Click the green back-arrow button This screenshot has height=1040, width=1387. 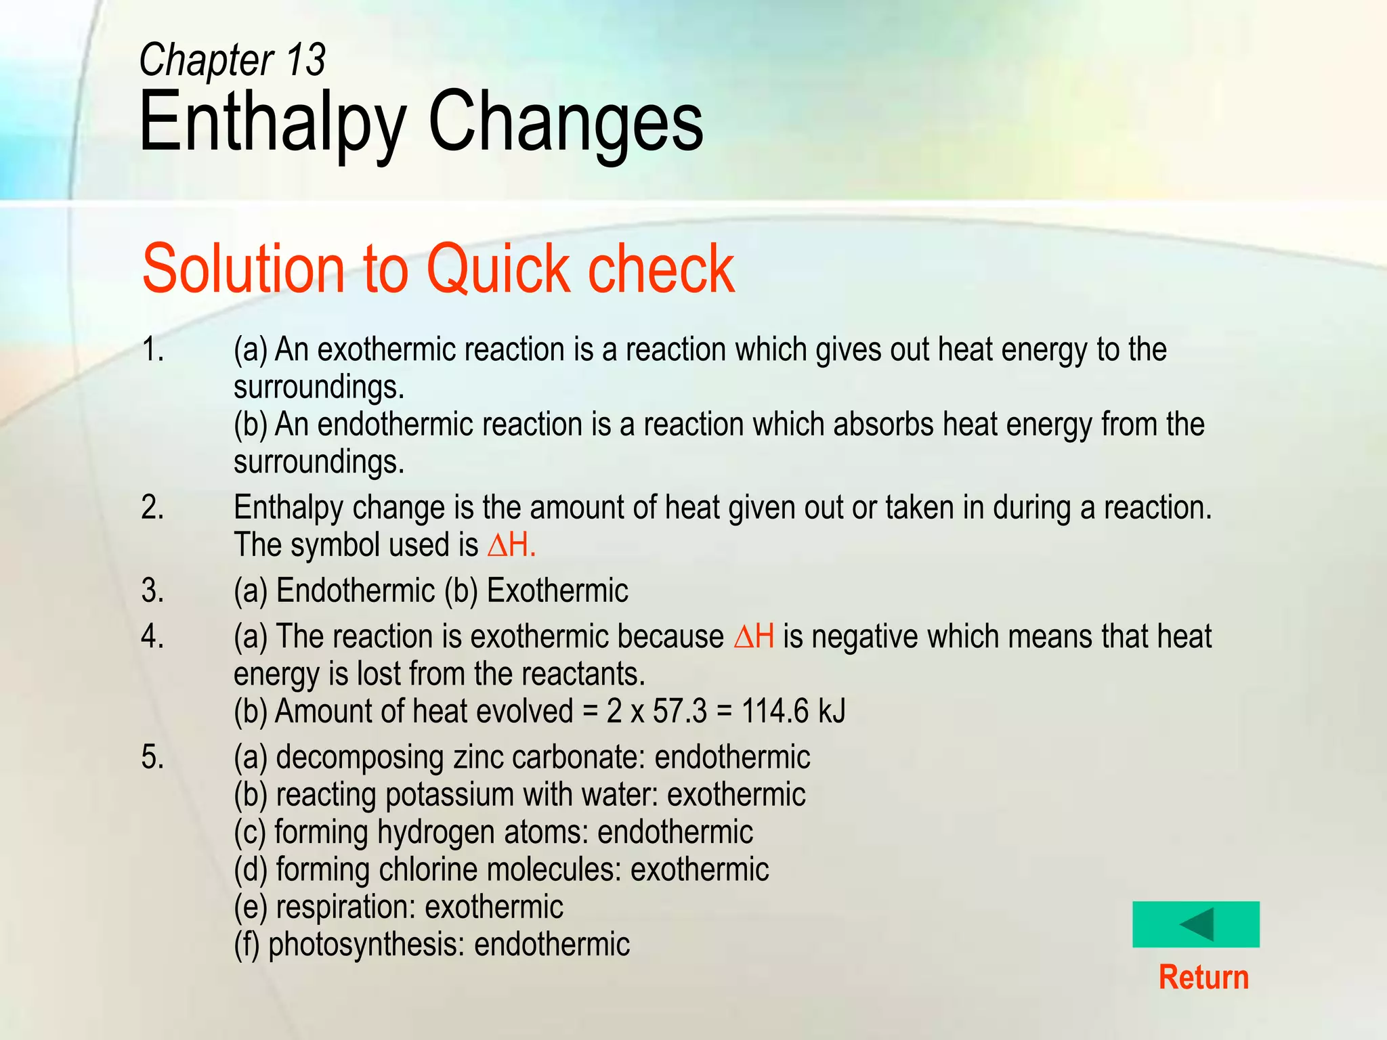tap(1195, 924)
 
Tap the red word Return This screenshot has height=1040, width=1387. tap(1203, 978)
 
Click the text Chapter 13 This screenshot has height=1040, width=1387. tap(232, 60)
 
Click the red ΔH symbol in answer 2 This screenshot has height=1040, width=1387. tap(511, 545)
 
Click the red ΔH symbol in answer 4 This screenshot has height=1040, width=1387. tap(754, 637)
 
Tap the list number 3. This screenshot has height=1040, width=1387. tap(152, 590)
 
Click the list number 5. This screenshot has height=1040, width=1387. tap(152, 757)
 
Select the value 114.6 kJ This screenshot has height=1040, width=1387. tap(793, 712)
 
